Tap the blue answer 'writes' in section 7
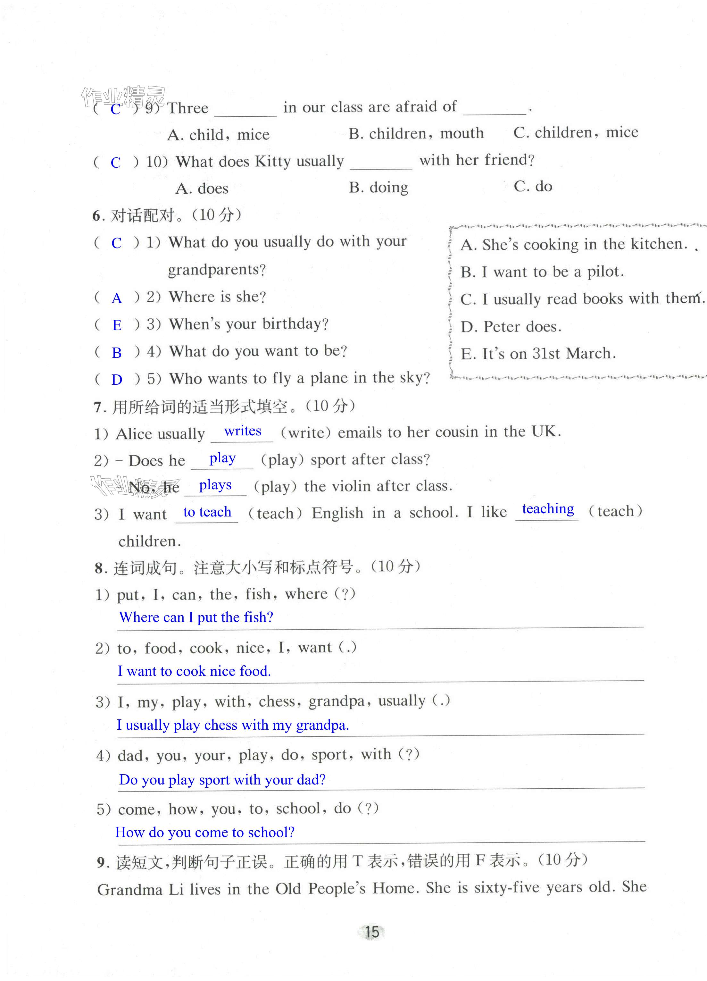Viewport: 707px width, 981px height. point(243,431)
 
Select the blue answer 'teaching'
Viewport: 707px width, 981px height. point(548,509)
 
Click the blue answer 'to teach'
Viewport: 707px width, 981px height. point(207,512)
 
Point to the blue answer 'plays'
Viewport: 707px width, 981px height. point(215,485)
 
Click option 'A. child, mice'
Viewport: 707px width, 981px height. point(218,135)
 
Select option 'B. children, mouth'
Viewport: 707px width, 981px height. point(416,133)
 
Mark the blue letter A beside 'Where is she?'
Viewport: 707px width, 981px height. point(117,298)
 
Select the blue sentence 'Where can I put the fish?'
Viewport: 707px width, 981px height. point(196,617)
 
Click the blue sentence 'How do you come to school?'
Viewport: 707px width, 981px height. point(204,832)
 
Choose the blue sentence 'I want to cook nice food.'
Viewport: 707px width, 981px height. point(194,671)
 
